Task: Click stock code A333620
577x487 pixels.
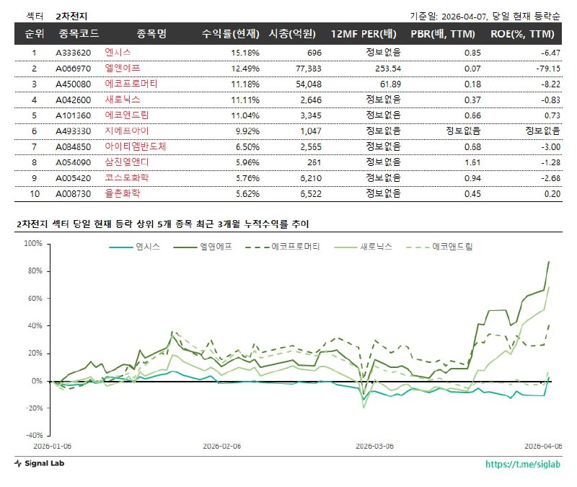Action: click(x=74, y=53)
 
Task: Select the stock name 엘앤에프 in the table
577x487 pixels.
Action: click(x=122, y=68)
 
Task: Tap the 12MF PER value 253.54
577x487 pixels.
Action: click(x=384, y=68)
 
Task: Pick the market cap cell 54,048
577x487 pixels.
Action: click(x=305, y=84)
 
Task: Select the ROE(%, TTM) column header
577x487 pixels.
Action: click(x=522, y=34)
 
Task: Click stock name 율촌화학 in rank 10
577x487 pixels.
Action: click(x=122, y=193)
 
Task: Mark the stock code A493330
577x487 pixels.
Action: click(x=74, y=131)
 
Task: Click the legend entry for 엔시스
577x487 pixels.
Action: click(x=149, y=247)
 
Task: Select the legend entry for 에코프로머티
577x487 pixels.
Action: click(x=294, y=247)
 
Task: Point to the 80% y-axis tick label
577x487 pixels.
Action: click(x=34, y=271)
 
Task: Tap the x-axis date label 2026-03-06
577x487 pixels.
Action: click(x=376, y=446)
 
